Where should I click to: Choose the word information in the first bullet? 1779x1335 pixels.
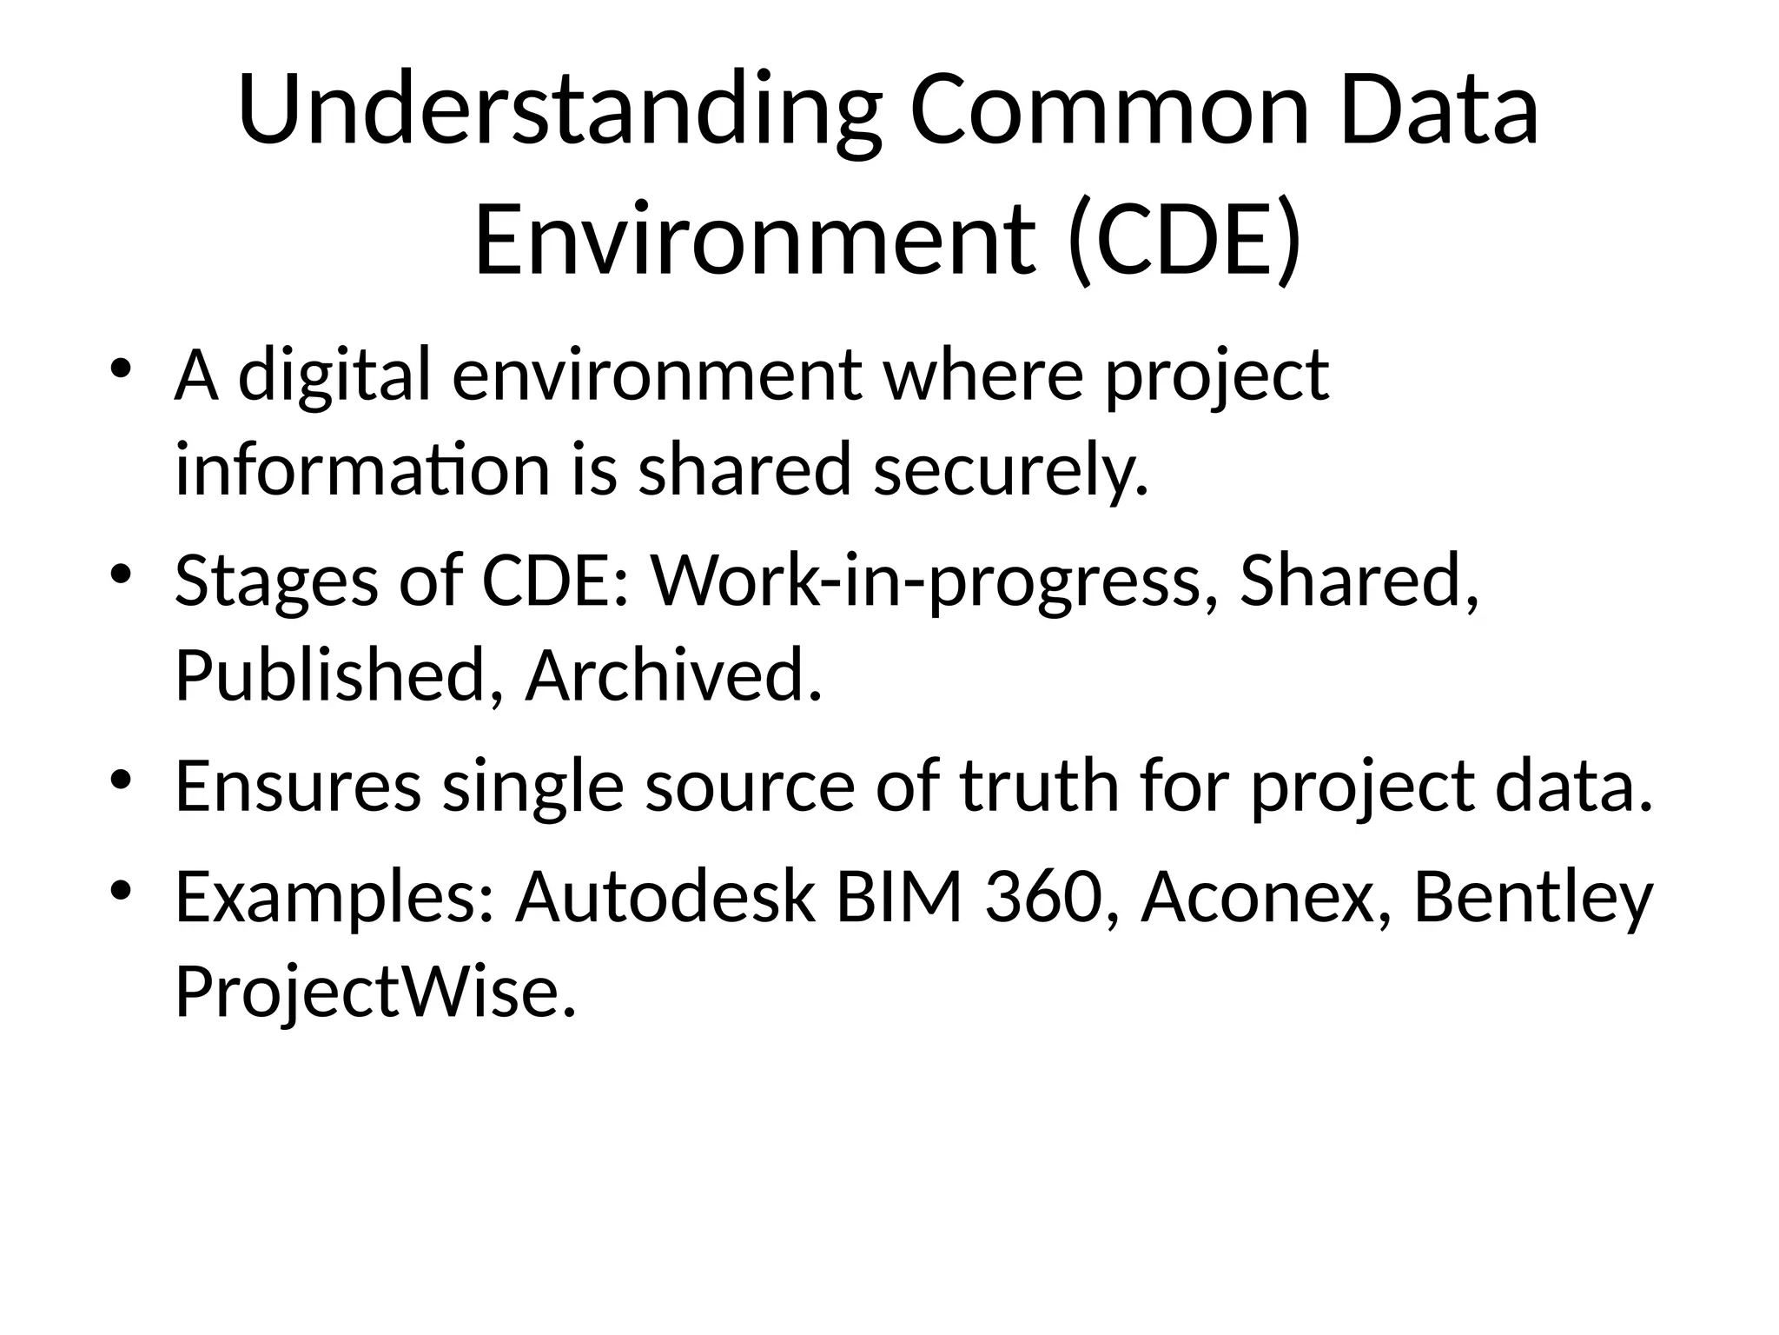362,470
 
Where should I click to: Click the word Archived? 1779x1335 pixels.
673,675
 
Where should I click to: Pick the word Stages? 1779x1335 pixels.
276,581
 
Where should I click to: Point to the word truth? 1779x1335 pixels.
1039,787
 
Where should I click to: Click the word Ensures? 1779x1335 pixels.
298,787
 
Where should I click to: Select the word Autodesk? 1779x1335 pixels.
665,898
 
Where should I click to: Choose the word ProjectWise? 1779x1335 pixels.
375,992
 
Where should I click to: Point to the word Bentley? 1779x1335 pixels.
1533,898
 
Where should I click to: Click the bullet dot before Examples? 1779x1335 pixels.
121,890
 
